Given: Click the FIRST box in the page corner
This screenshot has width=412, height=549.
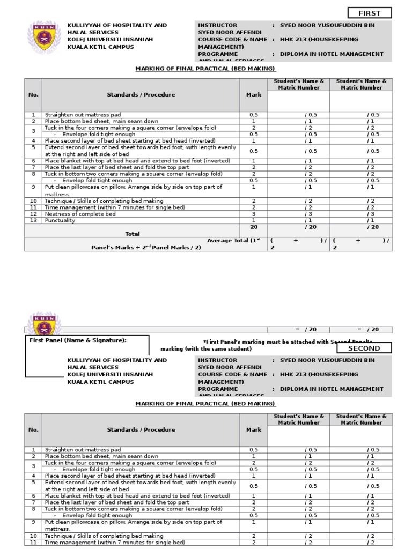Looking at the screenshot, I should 369,13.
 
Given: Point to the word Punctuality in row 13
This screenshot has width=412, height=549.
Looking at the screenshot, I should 60,220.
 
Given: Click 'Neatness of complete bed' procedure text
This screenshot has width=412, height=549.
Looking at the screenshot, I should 80,214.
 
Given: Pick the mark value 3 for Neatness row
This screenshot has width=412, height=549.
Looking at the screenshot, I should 254,214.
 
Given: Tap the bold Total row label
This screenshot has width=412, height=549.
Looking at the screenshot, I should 132,234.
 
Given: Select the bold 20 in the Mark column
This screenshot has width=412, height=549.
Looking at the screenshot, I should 254,227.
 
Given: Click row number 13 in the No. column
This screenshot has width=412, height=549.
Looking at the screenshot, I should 33,220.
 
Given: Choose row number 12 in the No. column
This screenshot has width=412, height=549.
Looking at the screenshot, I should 33,214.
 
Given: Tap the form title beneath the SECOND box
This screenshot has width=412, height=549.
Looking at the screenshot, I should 205,403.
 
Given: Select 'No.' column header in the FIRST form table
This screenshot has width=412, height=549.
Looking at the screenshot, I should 33,95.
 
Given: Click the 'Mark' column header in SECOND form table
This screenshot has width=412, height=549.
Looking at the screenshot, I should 254,429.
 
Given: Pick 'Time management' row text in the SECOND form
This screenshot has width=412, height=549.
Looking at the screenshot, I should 115,543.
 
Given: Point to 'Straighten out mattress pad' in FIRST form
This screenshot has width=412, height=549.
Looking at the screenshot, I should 83,115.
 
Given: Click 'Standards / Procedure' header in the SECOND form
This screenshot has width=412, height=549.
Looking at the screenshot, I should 141,429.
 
